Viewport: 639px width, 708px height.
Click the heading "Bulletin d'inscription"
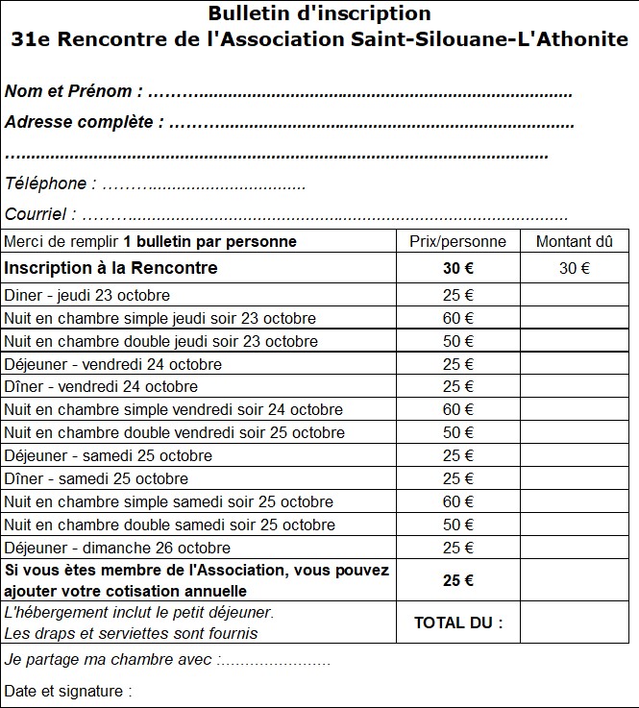319,14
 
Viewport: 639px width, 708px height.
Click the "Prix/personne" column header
457,241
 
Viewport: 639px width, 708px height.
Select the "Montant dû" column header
574,241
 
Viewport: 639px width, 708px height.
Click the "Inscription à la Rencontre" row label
111,268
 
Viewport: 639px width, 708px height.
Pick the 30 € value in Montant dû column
574,269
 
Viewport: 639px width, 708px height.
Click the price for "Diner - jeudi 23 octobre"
457,295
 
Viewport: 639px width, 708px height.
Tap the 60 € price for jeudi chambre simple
457,318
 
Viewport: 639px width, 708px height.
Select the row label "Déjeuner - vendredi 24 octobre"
113,364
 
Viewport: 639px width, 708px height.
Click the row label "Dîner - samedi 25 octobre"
96,478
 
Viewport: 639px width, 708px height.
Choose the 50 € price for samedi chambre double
457,525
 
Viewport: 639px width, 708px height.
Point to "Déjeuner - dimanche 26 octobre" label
117,548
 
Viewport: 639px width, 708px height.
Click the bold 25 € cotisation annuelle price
457,580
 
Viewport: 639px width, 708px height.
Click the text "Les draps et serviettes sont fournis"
131,633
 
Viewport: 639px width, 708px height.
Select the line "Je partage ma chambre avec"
111,660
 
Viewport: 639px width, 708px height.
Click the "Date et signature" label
67,691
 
